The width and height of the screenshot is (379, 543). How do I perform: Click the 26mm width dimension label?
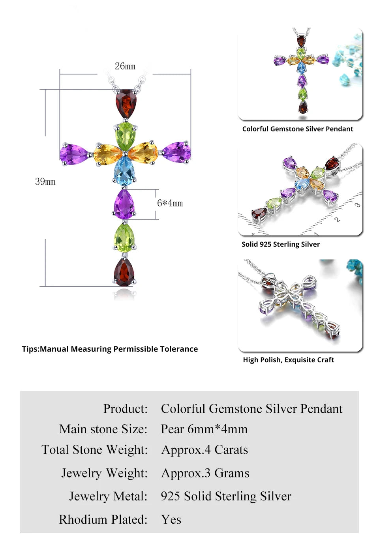[125, 66]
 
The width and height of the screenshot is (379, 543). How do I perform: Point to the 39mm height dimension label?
[45, 182]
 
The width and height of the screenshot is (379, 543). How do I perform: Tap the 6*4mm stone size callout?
[170, 203]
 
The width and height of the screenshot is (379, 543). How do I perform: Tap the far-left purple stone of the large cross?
[74, 154]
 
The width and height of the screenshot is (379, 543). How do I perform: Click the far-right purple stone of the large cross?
[177, 152]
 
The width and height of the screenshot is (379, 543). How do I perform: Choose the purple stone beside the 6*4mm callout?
[124, 204]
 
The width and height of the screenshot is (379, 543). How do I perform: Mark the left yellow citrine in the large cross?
[107, 154]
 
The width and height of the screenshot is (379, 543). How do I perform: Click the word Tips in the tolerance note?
[30, 349]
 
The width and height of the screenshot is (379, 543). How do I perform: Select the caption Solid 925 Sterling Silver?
[281, 244]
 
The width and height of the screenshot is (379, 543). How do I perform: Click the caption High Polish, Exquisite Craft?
[288, 360]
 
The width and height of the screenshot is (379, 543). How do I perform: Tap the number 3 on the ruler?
[357, 205]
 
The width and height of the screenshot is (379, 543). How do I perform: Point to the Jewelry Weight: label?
[104, 473]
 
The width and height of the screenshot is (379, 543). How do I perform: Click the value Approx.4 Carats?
[205, 450]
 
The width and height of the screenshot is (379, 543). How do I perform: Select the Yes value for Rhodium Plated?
[171, 519]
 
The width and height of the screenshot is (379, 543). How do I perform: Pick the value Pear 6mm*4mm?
[204, 429]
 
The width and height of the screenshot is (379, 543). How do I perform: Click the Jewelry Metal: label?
[108, 496]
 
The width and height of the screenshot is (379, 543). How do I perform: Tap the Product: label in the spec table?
[125, 408]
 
